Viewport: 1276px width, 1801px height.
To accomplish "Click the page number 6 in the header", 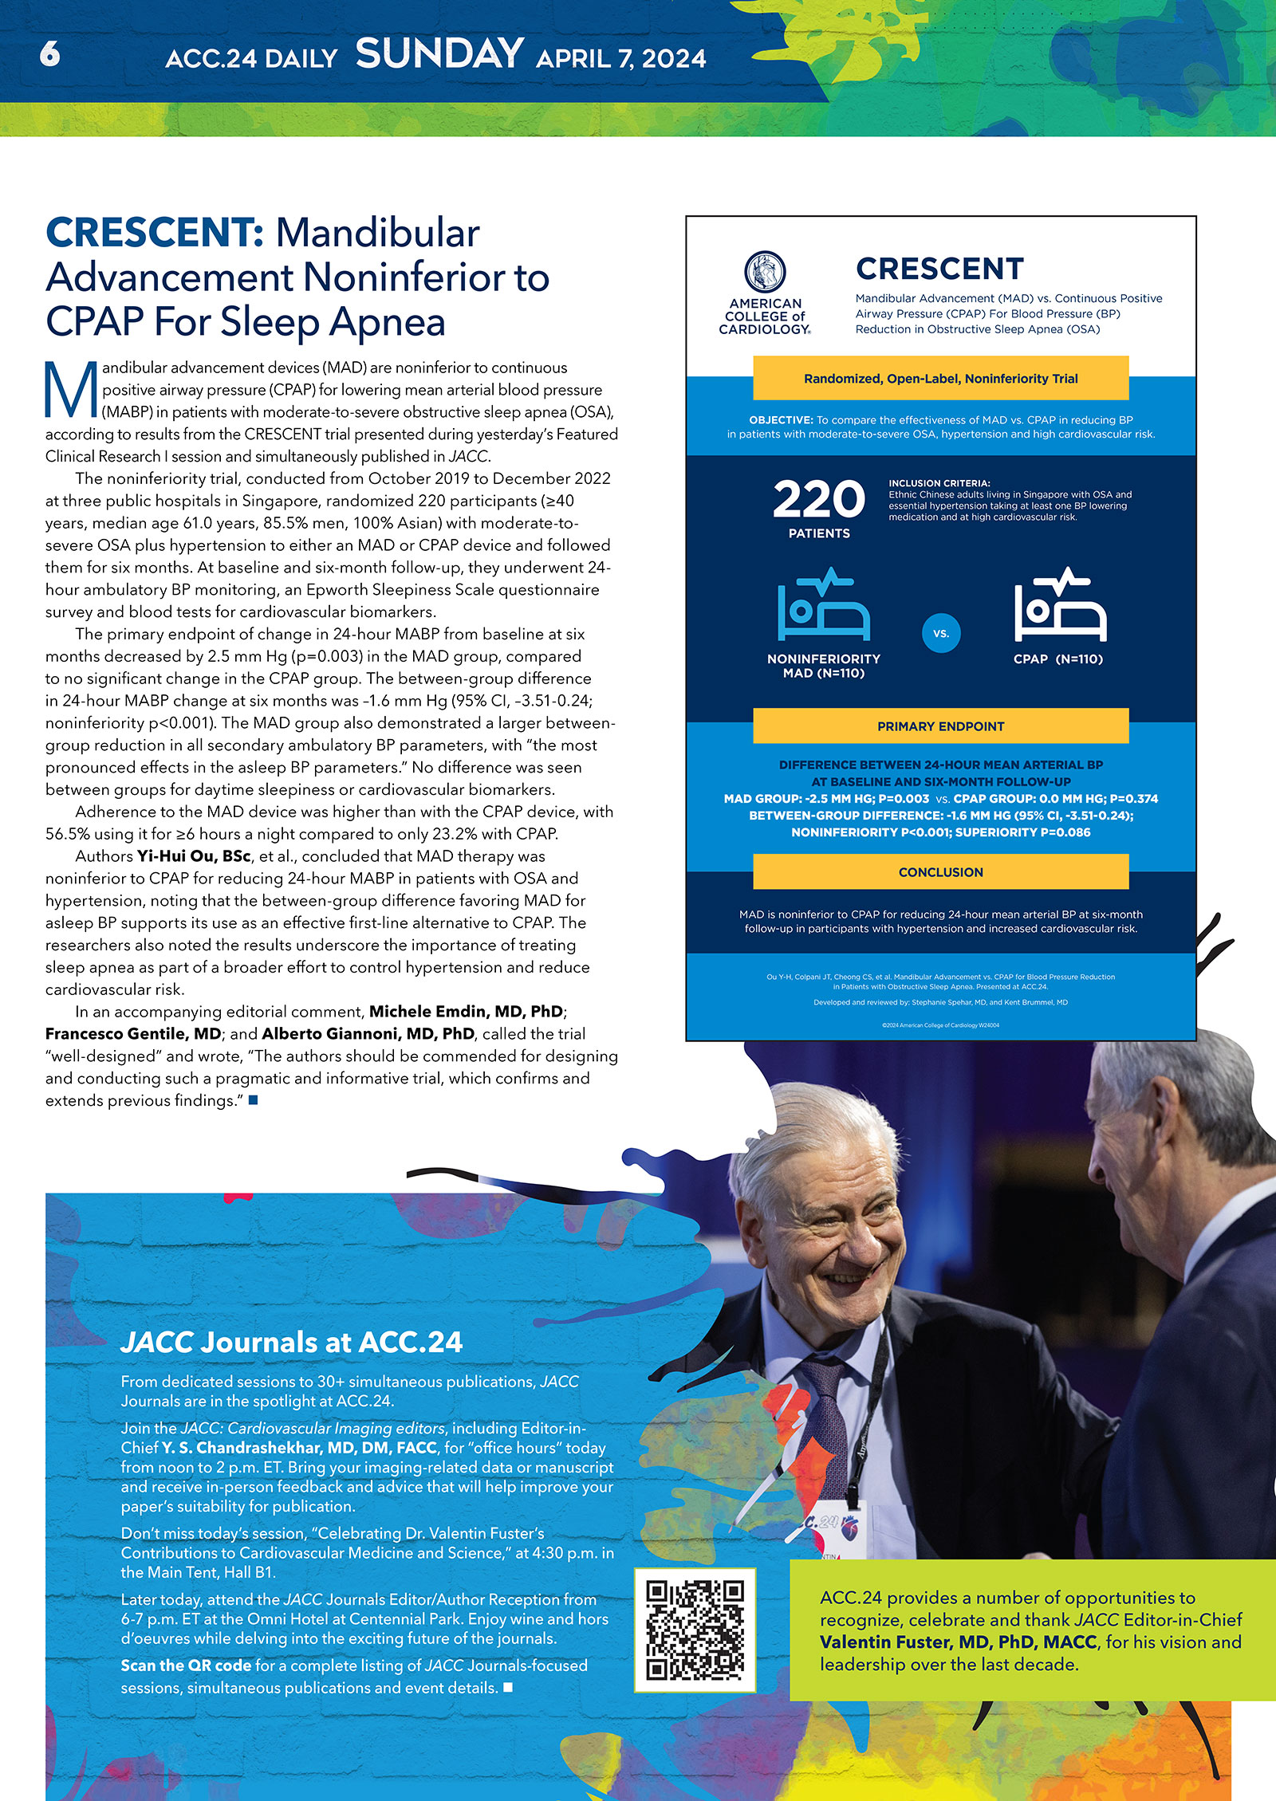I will click(x=49, y=53).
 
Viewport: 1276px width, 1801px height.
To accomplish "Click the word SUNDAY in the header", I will click(x=439, y=54).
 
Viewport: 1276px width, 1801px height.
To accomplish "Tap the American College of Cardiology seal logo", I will click(x=765, y=272).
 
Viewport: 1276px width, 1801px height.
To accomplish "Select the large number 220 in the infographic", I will click(x=819, y=500).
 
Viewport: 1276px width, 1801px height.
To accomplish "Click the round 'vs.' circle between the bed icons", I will click(x=941, y=633).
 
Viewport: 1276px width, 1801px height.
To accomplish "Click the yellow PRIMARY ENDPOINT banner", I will click(x=940, y=726).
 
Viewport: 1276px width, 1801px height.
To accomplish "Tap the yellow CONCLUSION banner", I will click(x=940, y=872).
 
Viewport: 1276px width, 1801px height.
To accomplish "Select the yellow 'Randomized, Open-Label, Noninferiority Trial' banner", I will click(x=940, y=379).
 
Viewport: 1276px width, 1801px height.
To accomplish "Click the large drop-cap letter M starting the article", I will click(x=71, y=390).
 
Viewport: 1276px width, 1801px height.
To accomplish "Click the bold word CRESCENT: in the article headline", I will click(x=155, y=233).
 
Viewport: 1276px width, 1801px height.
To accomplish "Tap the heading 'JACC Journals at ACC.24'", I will click(x=291, y=1343).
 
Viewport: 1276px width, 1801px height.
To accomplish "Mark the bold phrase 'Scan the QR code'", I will click(x=186, y=1665).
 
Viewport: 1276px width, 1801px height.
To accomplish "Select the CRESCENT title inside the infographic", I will click(x=939, y=269).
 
